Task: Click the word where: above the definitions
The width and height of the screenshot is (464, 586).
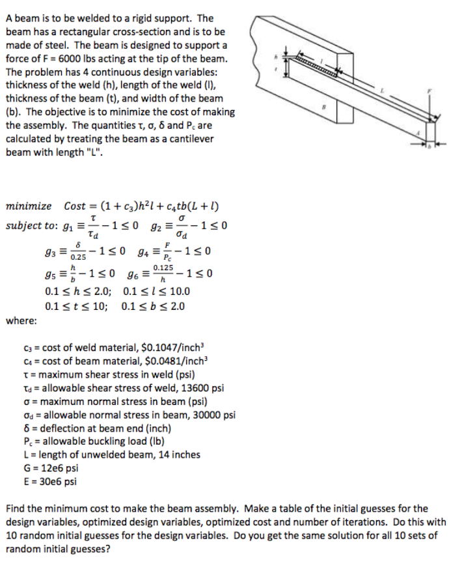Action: click(x=21, y=320)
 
